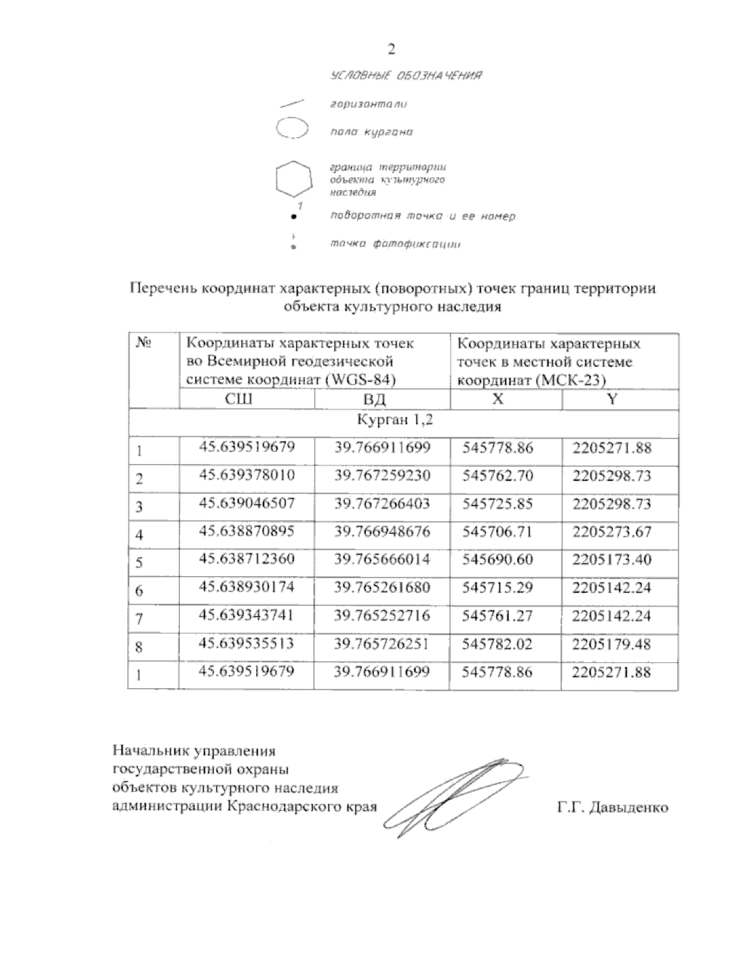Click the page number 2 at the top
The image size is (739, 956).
[x=390, y=49]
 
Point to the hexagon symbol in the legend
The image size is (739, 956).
[x=291, y=180]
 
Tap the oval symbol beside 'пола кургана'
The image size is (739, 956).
[x=291, y=130]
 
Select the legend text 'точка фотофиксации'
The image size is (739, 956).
[x=395, y=244]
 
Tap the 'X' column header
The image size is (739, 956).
[x=498, y=399]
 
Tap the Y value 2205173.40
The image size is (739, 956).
[x=612, y=560]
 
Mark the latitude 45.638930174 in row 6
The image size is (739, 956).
[x=247, y=588]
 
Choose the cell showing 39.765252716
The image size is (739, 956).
[x=382, y=616]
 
